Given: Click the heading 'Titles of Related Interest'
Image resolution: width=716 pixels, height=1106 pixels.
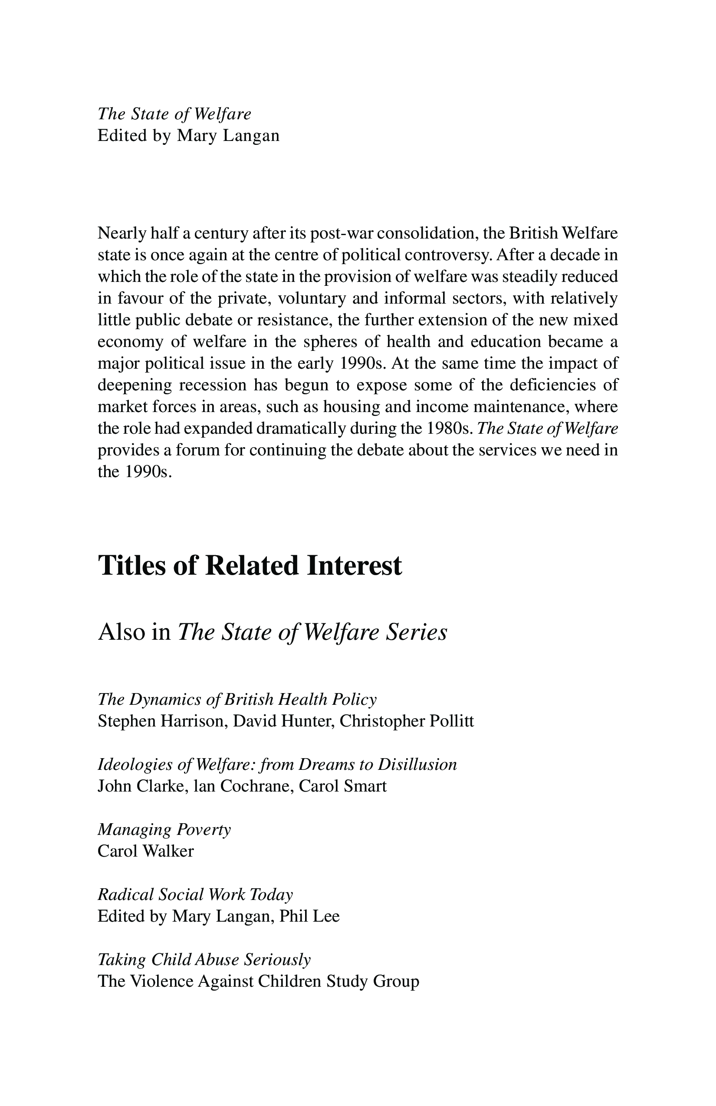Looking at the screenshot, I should click(250, 566).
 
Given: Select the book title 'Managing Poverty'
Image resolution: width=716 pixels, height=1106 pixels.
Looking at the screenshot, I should click(164, 829).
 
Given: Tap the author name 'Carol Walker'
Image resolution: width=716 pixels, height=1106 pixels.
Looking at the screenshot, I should click(145, 851).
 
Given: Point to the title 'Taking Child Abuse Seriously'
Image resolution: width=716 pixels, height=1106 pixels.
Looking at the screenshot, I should click(204, 959).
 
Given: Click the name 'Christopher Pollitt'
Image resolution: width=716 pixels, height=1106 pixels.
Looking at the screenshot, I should click(407, 721).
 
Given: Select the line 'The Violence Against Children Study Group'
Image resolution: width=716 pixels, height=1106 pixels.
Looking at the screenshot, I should click(259, 982).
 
